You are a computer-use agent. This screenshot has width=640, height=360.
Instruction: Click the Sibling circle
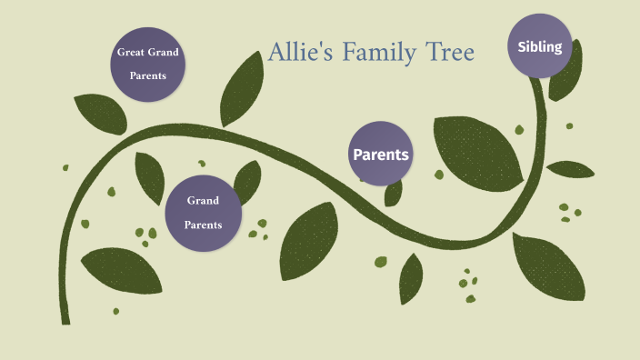pos(540,46)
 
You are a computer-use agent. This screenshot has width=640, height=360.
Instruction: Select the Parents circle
pos(381,154)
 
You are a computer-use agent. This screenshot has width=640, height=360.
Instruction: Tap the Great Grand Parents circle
pos(148,64)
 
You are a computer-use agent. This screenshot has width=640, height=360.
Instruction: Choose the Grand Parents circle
pos(204,212)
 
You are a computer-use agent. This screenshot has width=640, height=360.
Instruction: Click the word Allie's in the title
pos(302,54)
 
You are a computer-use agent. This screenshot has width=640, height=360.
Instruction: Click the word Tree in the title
pos(449,54)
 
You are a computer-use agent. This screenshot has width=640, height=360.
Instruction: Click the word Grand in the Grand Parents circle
pos(204,200)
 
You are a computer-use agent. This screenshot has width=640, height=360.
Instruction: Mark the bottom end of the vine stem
pos(65,319)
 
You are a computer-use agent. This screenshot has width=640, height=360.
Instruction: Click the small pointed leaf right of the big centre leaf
pos(412,276)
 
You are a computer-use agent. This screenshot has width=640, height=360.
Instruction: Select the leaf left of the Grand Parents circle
pos(149,176)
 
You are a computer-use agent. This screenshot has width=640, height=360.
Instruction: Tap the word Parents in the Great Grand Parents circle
pos(148,75)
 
